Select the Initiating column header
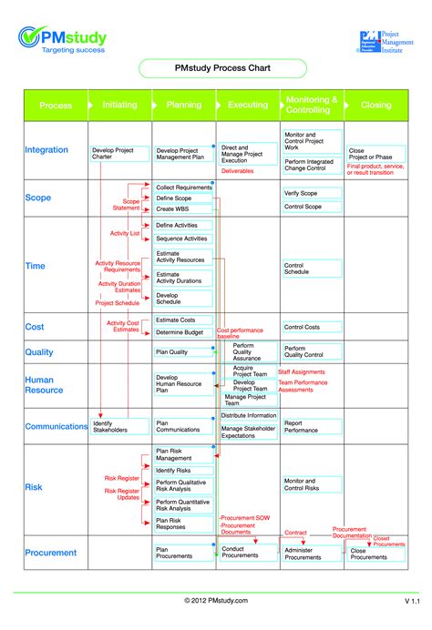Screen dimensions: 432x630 [119, 105]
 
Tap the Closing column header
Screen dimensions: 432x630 [375, 105]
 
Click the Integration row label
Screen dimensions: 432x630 [46, 150]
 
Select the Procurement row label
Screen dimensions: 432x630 [51, 553]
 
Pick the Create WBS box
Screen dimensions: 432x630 [181, 208]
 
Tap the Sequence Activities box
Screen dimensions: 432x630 [181, 239]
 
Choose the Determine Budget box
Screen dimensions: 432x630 [181, 333]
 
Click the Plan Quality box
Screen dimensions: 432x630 [181, 351]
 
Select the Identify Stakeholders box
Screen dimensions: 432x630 [114, 426]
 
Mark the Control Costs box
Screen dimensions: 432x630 [312, 327]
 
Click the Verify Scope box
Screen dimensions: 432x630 [312, 193]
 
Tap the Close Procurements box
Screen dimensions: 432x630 [376, 554]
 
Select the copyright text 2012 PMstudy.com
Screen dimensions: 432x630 [215, 601]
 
